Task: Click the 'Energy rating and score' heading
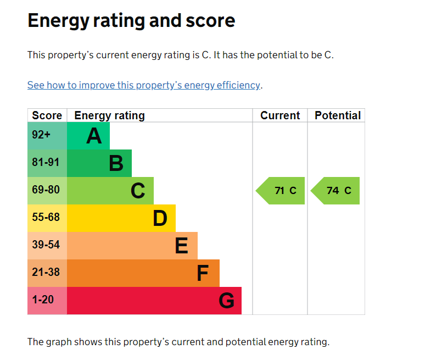click(131, 21)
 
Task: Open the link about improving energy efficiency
click(144, 85)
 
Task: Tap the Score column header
click(47, 115)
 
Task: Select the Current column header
click(280, 115)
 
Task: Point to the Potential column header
click(338, 115)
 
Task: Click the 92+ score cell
click(47, 136)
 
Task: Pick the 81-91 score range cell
click(47, 163)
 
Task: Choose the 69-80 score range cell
click(47, 190)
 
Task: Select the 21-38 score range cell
click(47, 273)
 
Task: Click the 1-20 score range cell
click(47, 301)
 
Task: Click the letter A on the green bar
click(94, 136)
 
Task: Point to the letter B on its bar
click(116, 163)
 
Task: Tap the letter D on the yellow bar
click(160, 218)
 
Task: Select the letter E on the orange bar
click(182, 246)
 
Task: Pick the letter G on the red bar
click(227, 301)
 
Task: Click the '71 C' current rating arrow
click(280, 191)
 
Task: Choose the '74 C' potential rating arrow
click(335, 191)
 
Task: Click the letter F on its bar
click(203, 273)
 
